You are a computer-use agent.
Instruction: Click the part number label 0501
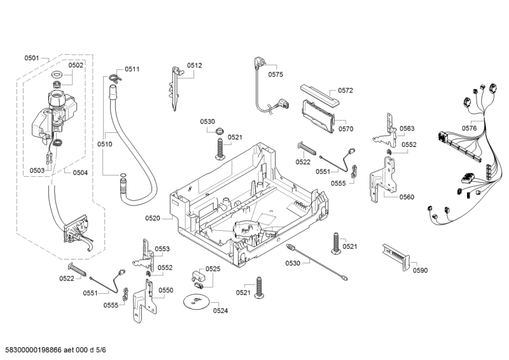coord(32,59)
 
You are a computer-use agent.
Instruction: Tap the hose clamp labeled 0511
coord(113,77)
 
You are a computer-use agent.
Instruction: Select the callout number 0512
coord(194,65)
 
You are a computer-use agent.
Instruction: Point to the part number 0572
coord(345,90)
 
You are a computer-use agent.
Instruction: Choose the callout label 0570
coord(345,128)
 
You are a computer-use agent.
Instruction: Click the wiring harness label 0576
coord(469,128)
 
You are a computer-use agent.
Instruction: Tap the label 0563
coord(407,128)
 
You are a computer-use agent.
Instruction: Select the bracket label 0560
coord(407,197)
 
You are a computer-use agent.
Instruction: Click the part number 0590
coord(420,270)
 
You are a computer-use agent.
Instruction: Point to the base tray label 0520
coord(153,218)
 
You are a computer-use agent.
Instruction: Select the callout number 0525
coord(213,269)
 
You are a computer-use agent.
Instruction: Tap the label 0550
coord(165,290)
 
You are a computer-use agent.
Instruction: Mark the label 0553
coord(162,249)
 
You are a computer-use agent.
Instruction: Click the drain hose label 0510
coord(105,144)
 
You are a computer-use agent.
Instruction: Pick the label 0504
coord(80,172)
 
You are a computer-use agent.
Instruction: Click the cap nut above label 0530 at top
coord(220,132)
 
